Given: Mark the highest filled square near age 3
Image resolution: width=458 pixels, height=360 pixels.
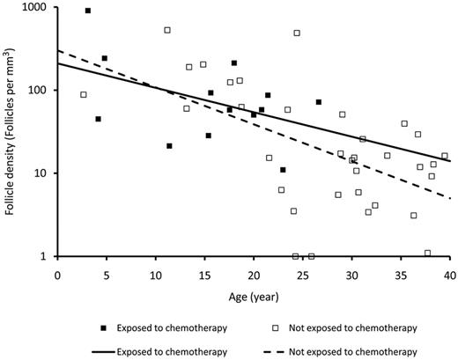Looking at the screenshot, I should (88, 11).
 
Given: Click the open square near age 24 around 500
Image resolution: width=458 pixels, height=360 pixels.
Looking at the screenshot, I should (297, 33).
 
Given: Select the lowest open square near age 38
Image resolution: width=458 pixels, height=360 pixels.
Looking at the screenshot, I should (427, 253).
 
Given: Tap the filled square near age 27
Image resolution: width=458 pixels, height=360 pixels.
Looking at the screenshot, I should (319, 102).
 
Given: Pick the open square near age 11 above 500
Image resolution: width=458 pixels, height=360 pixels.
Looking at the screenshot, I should (167, 30).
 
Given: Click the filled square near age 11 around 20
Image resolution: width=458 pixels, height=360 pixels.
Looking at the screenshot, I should (169, 145).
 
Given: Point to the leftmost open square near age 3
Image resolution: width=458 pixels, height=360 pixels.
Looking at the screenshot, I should (84, 94).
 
